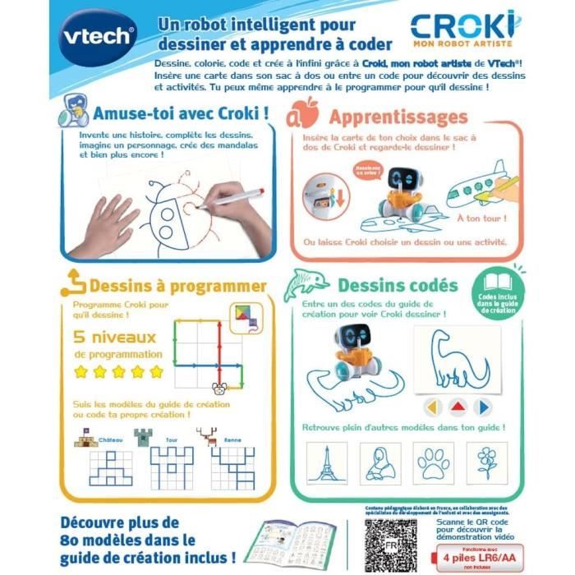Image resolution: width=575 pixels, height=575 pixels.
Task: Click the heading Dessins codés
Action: pos(398,285)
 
